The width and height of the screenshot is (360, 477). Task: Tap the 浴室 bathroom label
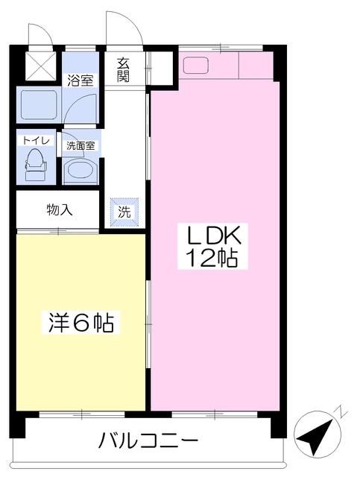81,80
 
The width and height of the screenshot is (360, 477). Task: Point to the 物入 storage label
59,209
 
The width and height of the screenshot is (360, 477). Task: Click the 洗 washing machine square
124,212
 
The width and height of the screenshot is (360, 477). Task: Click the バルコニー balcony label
149,440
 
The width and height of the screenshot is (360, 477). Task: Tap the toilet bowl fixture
34,161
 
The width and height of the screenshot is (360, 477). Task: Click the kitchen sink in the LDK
197,65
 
